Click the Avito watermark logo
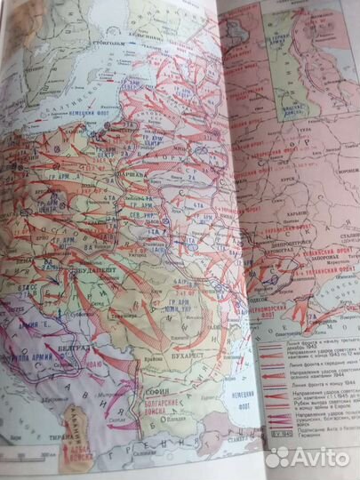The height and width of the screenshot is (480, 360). point(309,455)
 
